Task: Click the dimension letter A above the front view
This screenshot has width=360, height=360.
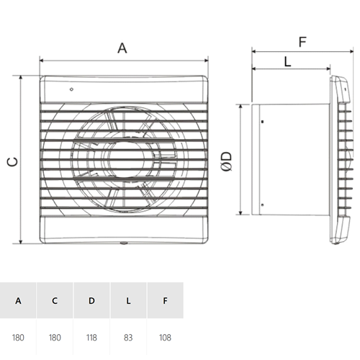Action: [x=122, y=48]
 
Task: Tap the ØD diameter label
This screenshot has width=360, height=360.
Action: [x=226, y=161]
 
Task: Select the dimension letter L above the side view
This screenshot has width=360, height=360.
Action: [x=287, y=62]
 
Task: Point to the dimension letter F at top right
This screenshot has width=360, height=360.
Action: [x=302, y=42]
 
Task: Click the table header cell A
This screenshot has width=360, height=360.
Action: [x=18, y=300]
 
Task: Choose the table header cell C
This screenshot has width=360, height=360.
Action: [x=55, y=300]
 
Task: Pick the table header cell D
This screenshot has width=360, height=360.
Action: [x=91, y=300]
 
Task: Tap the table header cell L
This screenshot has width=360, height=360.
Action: [x=128, y=300]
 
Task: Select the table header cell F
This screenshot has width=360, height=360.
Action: [x=165, y=300]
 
